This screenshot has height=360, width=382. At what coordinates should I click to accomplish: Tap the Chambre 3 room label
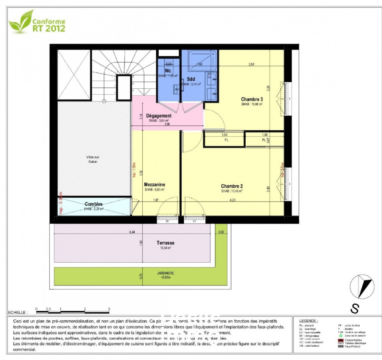(x=252, y=99)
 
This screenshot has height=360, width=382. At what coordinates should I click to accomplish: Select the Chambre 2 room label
(x=232, y=186)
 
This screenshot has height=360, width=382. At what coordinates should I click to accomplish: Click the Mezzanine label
(x=154, y=185)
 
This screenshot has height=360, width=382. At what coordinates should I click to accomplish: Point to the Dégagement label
(x=159, y=116)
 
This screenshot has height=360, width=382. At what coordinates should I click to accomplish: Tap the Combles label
(x=94, y=204)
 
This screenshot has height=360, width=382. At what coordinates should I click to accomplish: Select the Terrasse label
(x=165, y=243)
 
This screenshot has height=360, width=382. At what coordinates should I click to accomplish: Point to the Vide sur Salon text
(x=91, y=159)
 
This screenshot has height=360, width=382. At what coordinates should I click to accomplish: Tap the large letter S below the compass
(x=354, y=309)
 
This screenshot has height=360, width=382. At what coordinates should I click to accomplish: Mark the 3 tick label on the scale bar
(x=109, y=309)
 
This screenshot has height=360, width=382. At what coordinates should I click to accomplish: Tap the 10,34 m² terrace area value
(x=165, y=248)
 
